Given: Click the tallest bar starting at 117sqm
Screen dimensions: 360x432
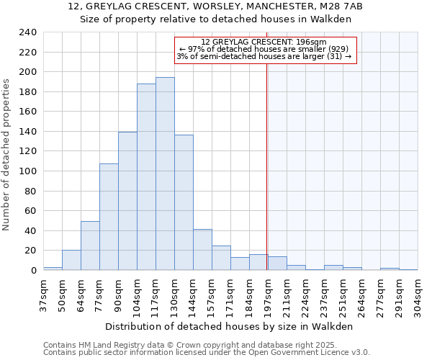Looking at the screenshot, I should [165, 174].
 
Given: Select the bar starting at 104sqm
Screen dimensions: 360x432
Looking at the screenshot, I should [146, 176].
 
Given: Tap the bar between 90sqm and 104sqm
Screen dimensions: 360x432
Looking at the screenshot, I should [127, 201].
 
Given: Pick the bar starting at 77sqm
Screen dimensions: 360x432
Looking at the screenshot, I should [109, 217].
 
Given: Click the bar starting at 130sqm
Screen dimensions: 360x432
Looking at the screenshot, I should [184, 202].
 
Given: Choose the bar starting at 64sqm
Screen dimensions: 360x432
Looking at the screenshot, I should [90, 246].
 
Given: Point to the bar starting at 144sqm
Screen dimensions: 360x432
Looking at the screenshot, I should [202, 250].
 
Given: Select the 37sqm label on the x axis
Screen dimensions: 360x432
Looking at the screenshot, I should [43, 294].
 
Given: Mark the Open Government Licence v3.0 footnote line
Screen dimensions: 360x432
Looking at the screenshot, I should [207, 353].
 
